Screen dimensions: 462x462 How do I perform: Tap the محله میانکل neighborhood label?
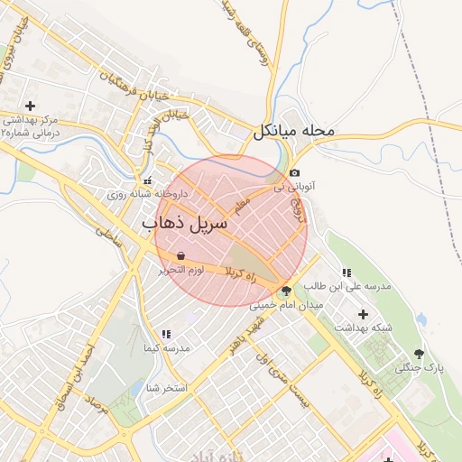(293, 131)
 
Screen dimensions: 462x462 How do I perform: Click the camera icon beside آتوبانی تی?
(294, 173)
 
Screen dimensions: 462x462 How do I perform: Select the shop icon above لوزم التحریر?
(182, 256)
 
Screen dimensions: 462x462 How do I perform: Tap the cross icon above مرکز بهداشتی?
(31, 106)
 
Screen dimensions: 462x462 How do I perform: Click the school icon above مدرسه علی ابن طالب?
(346, 273)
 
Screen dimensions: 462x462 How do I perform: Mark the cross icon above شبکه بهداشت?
(363, 314)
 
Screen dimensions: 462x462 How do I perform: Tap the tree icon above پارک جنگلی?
(418, 354)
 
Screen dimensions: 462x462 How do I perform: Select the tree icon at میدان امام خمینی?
(286, 291)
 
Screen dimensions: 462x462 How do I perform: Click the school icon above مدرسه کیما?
(165, 334)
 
